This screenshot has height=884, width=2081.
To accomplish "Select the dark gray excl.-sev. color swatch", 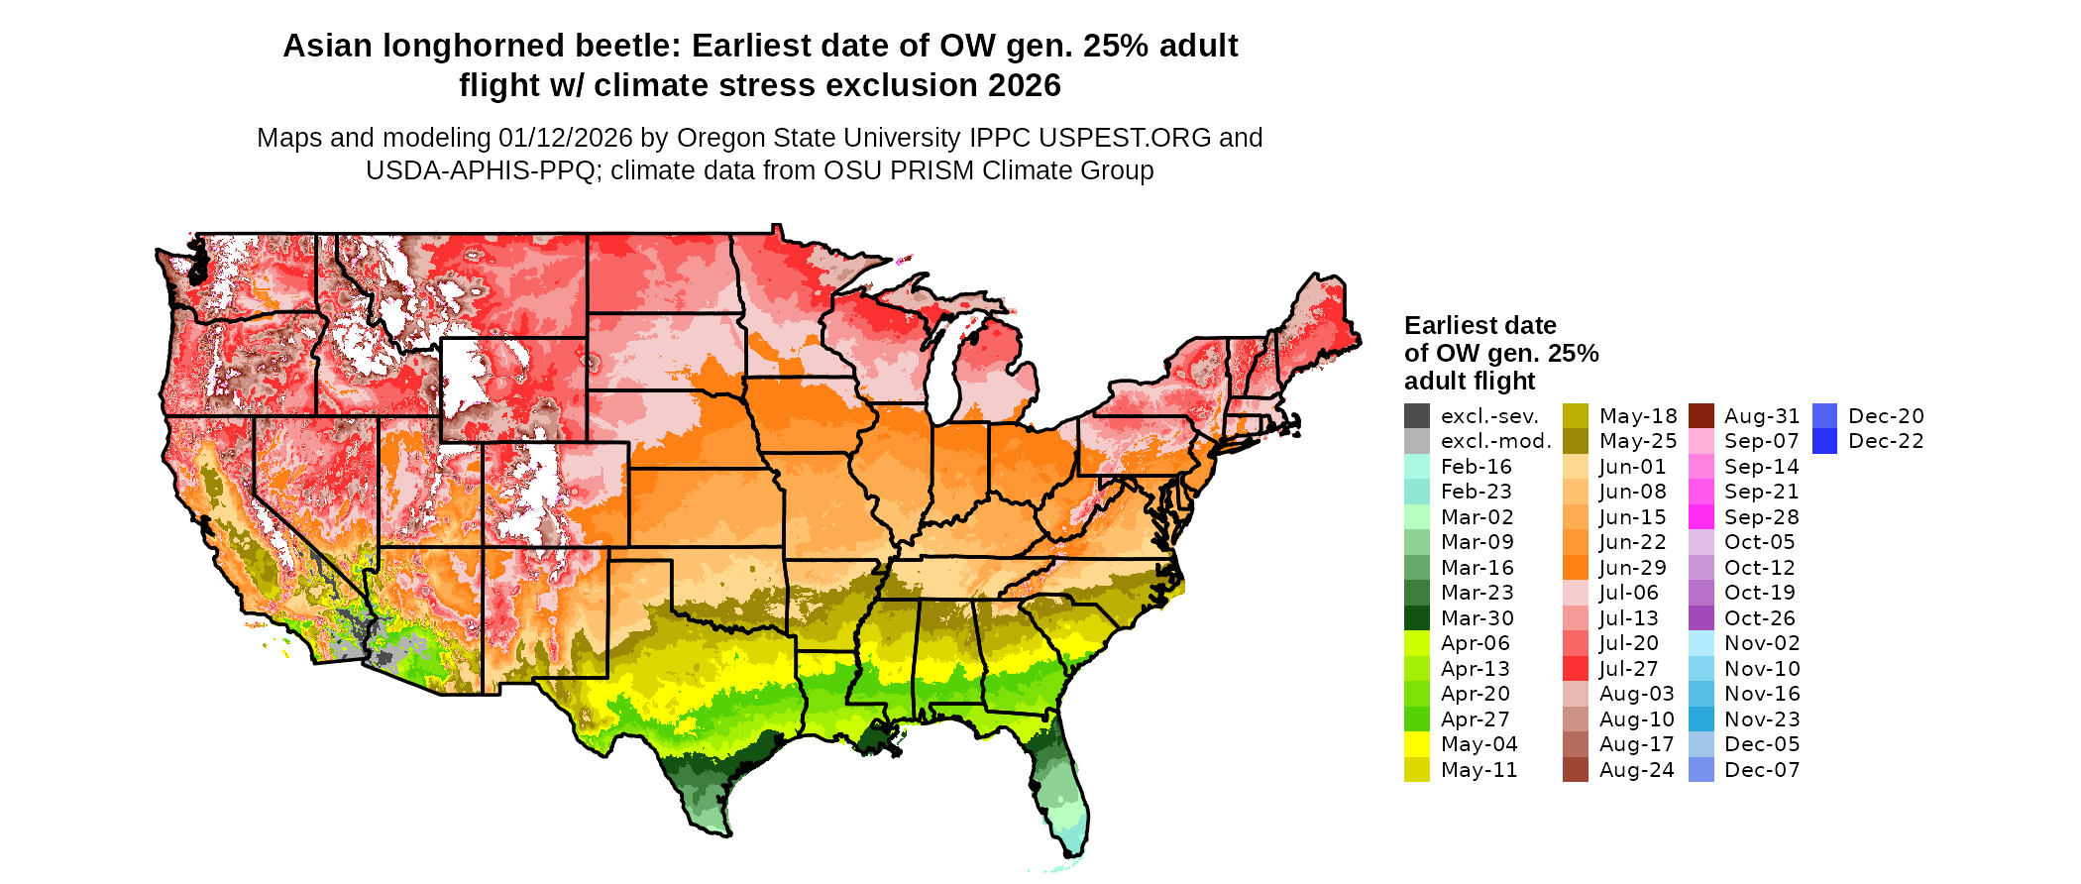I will coord(1417,416).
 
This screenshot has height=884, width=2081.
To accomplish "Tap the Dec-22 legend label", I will coord(1886,441).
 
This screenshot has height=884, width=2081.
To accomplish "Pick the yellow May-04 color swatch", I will coord(1417,744).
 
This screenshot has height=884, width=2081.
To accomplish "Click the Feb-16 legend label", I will coord(1477,467).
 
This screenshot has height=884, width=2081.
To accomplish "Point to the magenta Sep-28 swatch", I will coord(1701,517).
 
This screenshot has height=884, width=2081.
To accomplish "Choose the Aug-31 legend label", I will coord(1762,416).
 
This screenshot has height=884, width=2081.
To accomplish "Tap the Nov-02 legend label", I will coord(1761,643).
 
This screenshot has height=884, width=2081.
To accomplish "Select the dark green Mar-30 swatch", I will coord(1417,618).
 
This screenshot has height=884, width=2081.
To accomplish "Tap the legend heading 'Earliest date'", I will coord(1479,325).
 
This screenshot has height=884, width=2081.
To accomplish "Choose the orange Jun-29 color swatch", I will coord(1576,568).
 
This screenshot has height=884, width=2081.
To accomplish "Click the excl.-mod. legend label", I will coord(1495,441).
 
